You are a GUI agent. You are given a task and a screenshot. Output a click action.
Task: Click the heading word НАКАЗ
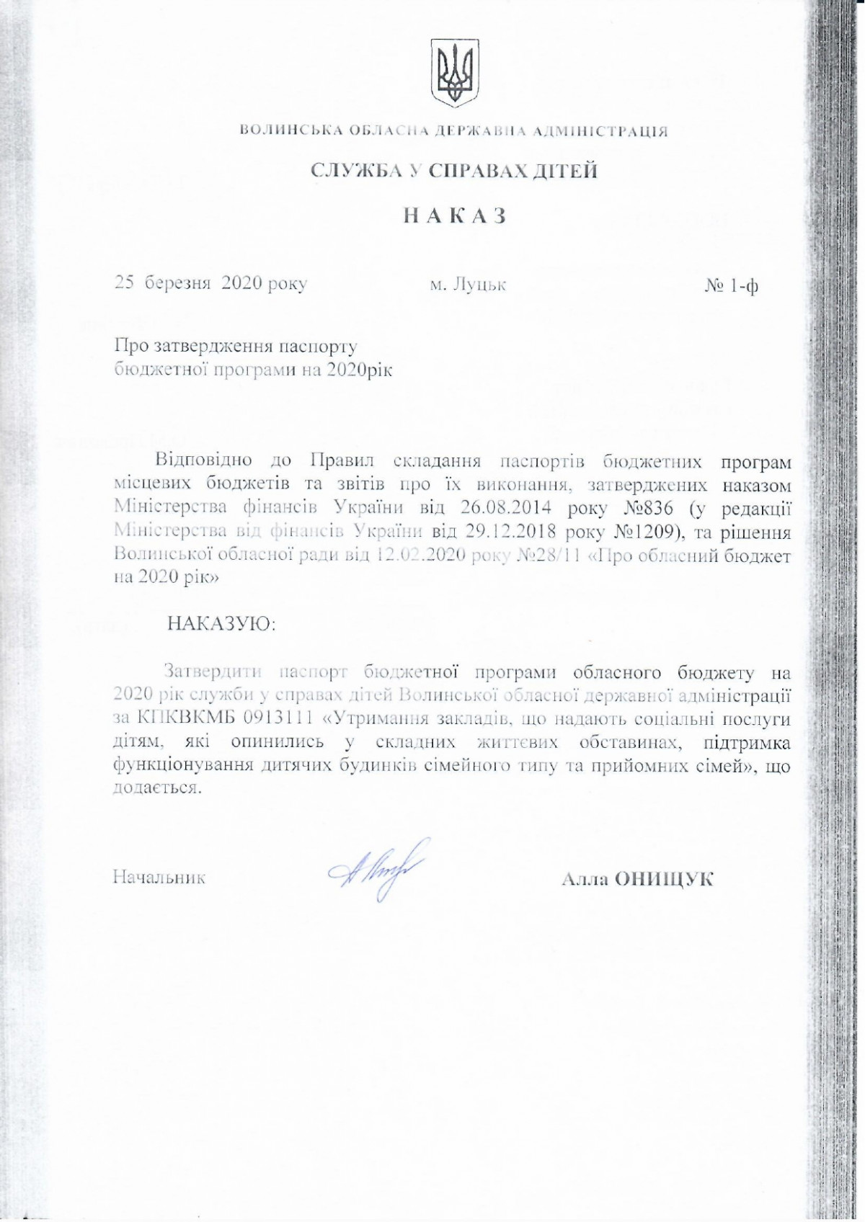(x=455, y=216)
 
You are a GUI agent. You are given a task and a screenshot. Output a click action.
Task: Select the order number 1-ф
(x=743, y=287)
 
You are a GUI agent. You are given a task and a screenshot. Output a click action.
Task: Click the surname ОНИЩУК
(x=664, y=879)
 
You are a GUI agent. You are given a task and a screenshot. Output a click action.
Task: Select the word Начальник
(x=159, y=878)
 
